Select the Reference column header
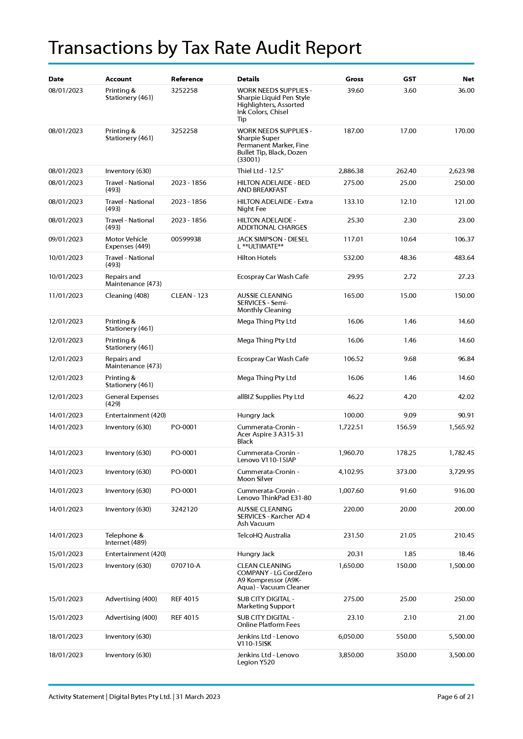click(187, 79)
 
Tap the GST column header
click(409, 79)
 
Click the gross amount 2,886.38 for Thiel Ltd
click(351, 171)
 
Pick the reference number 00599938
click(186, 239)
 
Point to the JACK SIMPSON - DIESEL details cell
click(273, 243)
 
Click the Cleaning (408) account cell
click(127, 296)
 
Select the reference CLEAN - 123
click(189, 296)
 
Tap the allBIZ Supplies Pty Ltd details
click(270, 397)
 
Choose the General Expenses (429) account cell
click(132, 400)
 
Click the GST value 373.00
click(406, 472)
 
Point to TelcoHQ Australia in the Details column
click(263, 536)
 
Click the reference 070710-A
click(185, 566)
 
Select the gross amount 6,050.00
click(351, 637)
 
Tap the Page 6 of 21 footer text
click(455, 697)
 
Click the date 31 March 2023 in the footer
click(198, 697)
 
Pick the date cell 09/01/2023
click(65, 239)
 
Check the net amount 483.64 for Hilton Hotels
click(464, 258)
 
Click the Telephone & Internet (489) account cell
click(126, 539)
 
